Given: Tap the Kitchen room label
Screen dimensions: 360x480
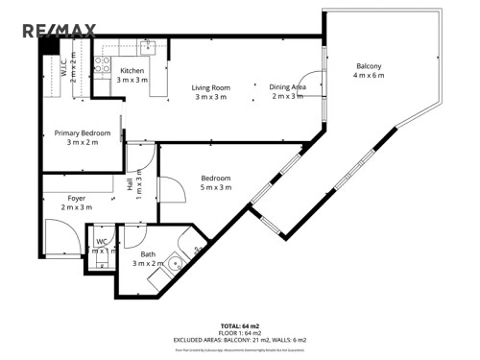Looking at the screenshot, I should pos(132,71).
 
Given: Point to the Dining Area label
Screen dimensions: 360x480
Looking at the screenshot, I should pos(286,87).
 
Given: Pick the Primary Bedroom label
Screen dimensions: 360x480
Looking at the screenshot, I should pos(82,133).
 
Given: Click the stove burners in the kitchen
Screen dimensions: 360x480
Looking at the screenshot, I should pos(102,66).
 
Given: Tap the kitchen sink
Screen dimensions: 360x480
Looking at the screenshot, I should pos(147,46).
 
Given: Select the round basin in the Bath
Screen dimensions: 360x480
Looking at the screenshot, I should pos(175,261).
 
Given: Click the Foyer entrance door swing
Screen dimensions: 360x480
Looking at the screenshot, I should pos(60,236).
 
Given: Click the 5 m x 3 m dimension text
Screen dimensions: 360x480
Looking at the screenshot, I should pos(216,187).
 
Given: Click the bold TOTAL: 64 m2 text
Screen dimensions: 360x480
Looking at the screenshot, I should pos(239,326).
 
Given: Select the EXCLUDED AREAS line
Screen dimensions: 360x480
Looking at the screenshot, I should pos(239,340).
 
